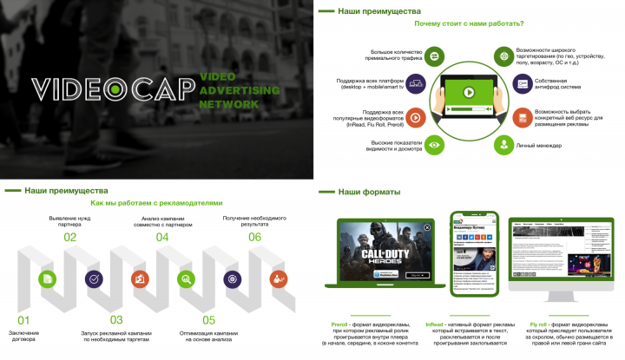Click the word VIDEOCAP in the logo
click(x=112, y=88)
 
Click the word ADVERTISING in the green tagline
click(x=239, y=90)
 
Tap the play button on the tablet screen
click(x=468, y=92)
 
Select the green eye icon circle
click(x=434, y=144)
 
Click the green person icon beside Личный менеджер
click(x=502, y=144)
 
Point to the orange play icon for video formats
click(x=416, y=117)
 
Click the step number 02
click(x=70, y=237)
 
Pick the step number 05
click(x=208, y=320)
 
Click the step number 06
click(x=254, y=237)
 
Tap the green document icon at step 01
click(x=47, y=278)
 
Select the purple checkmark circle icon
click(x=93, y=278)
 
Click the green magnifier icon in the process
click(x=185, y=278)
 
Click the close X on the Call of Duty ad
click(x=427, y=227)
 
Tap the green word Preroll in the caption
click(x=339, y=324)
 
